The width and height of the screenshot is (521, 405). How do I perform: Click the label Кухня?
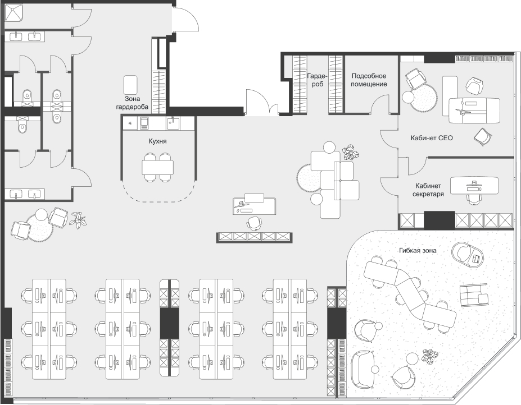[x=157, y=141]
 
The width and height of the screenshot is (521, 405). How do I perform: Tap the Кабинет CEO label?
[x=432, y=138]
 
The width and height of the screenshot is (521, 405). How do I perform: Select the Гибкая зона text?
[x=418, y=250]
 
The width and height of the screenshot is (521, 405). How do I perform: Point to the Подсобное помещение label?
[x=369, y=80]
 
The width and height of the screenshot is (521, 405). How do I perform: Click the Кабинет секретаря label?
[x=428, y=190]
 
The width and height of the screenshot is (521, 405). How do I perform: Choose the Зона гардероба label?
[x=132, y=103]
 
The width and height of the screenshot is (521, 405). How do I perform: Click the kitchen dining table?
[x=158, y=167]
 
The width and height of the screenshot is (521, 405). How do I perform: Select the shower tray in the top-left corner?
[x=13, y=12]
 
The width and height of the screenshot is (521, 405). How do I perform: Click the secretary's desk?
[x=474, y=186]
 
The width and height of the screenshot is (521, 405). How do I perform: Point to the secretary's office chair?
[x=474, y=199]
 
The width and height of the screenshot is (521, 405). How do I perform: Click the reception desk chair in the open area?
[x=255, y=223]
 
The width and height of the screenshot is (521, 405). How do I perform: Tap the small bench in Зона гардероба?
[x=130, y=85]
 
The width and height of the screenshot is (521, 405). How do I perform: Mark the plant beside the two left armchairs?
[x=79, y=220]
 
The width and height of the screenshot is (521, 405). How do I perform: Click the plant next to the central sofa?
[x=351, y=153]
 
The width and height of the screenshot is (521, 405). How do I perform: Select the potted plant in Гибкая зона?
[x=430, y=356]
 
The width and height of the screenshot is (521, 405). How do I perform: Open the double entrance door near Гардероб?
[x=262, y=103]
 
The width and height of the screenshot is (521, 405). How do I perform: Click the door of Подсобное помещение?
[x=380, y=104]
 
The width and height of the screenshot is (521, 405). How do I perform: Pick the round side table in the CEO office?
[x=408, y=97]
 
